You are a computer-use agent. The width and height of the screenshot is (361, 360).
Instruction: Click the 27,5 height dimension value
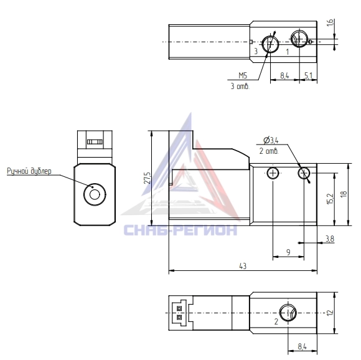tap(148, 178)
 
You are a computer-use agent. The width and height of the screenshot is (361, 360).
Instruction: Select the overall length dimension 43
tap(243, 266)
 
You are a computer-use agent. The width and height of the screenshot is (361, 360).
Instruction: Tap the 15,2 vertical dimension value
tap(330, 199)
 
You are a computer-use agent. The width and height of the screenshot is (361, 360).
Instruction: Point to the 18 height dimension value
tap(344, 194)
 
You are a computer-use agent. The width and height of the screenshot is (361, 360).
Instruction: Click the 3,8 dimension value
tap(330, 239)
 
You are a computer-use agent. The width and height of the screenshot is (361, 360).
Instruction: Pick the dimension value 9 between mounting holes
tap(288, 252)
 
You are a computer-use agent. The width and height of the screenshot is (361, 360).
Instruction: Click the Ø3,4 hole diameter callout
tap(271, 140)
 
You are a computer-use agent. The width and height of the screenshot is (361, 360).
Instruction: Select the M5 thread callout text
tap(243, 75)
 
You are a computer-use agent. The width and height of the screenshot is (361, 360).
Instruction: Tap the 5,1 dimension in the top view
tap(309, 75)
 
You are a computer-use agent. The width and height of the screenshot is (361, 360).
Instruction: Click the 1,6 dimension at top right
tap(330, 22)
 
